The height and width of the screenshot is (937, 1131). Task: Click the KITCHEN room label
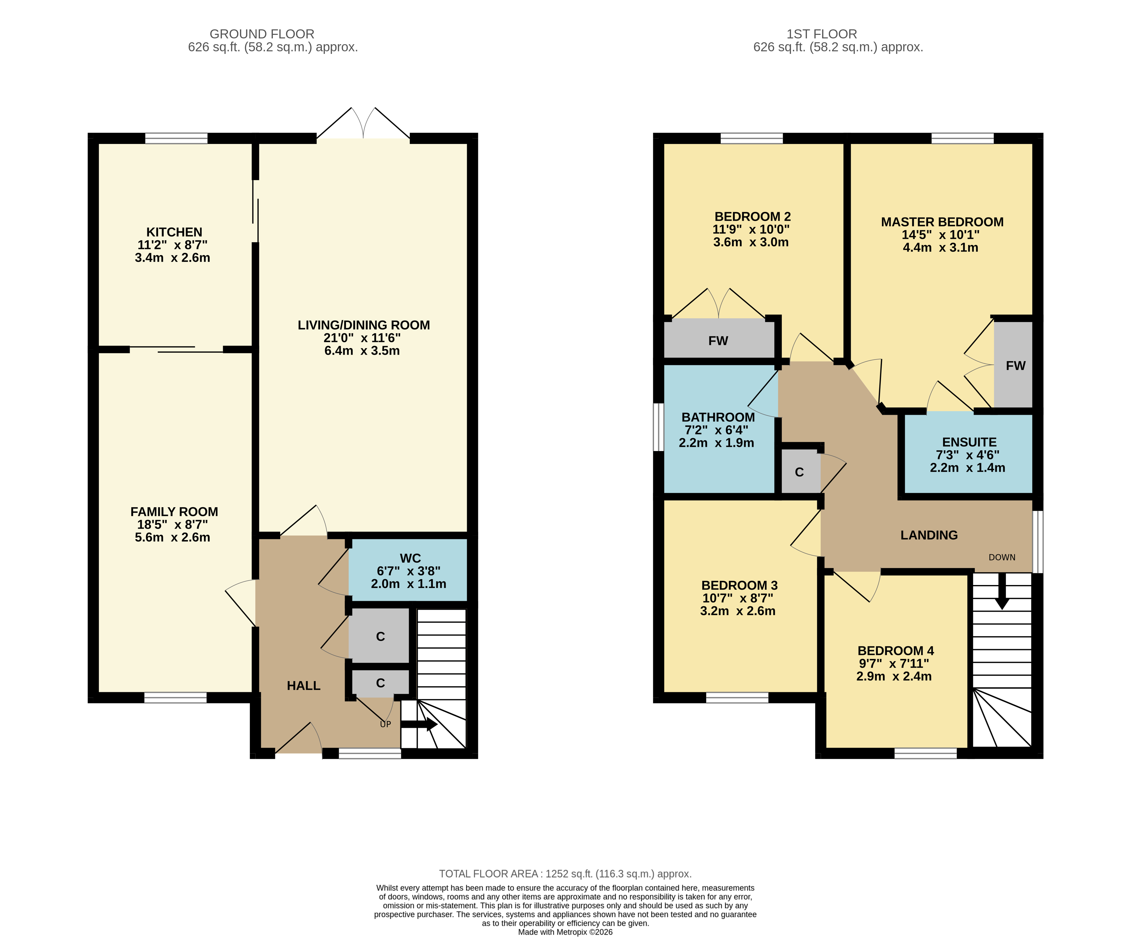174,232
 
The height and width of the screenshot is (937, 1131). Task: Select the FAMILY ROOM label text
174,511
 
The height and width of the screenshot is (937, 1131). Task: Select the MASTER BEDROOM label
942,222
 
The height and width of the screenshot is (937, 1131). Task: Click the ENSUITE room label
969,442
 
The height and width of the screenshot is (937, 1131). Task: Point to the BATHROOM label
718,417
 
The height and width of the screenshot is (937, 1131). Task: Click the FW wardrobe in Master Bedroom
1013,365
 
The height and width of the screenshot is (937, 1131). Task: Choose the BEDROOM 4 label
895,650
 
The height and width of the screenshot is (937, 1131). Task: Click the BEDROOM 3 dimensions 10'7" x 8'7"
737,598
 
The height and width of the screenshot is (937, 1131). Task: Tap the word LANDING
929,535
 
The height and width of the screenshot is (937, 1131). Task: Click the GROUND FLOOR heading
262,34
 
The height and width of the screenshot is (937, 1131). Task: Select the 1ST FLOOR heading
821,34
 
